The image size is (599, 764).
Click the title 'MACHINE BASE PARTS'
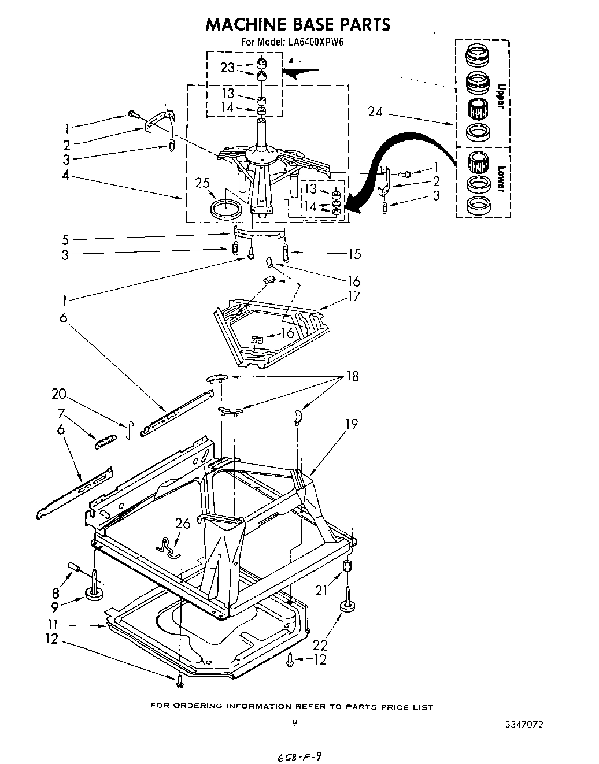coord(298,24)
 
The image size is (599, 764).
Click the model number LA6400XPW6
coord(316,42)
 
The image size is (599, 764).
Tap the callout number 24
coord(376,112)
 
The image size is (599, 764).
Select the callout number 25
coord(201,184)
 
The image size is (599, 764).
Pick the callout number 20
coord(59,394)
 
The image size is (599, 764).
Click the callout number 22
coord(319,644)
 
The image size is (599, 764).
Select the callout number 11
coord(54,625)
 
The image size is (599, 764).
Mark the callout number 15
coord(354,253)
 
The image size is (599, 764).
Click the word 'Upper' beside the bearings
coord(501,95)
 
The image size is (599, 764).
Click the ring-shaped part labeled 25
coord(226,209)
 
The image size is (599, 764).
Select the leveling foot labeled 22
coord(347,604)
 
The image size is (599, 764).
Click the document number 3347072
coord(524,724)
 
